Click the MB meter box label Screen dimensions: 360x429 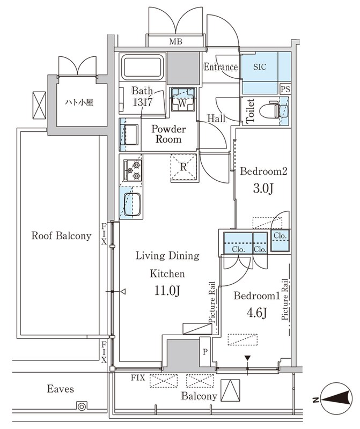click(175, 42)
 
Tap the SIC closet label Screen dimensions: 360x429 click(260, 67)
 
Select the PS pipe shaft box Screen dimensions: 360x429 click(285, 89)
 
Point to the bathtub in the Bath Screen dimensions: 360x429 click(142, 67)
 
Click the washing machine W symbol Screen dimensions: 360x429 click(183, 99)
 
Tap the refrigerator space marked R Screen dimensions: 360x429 click(183, 167)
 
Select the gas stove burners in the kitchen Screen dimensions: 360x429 click(133, 170)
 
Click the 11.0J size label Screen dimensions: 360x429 click(167, 291)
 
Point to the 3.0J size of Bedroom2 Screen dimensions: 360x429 click(263, 189)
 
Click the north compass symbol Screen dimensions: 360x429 click(335, 398)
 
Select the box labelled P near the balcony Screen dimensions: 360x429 click(205, 352)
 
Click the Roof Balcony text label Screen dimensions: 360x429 click(61, 235)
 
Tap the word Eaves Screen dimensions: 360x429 click(60, 389)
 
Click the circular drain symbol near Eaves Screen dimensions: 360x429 click(82, 406)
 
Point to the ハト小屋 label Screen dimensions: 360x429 click(79, 102)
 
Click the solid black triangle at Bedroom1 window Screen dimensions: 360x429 click(247, 358)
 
